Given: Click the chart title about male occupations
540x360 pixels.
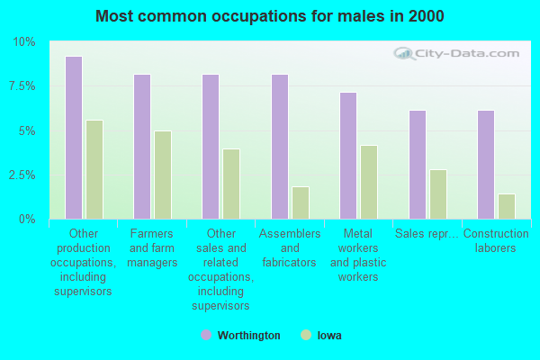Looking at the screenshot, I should pos(270,16).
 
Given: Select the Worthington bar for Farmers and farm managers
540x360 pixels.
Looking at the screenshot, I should pos(142,147).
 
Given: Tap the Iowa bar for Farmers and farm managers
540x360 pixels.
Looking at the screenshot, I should pos(163,175).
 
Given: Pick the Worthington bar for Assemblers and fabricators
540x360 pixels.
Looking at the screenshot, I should pos(280,147).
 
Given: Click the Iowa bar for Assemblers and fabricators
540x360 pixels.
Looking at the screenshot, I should pos(301,202).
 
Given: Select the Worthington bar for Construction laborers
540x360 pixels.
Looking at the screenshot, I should pos(486,165).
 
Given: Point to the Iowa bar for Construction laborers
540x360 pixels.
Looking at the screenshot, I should pos(507,206).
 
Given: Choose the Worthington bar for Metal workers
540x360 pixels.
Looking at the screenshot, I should pos(348,156).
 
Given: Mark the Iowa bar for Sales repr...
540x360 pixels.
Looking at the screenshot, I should pos(438,194).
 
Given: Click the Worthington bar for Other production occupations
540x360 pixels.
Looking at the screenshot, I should pos(74,138).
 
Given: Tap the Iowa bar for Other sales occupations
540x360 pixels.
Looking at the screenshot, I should pos(231,184).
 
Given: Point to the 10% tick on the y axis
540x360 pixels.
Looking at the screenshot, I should pos(24,42).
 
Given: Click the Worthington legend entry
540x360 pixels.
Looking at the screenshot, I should pos(240,336).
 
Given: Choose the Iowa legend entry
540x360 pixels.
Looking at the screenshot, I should pos(321,336).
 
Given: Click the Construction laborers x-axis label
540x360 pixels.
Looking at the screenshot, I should pos(496,241).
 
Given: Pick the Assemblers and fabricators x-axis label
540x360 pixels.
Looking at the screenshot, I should pos(290,248).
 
